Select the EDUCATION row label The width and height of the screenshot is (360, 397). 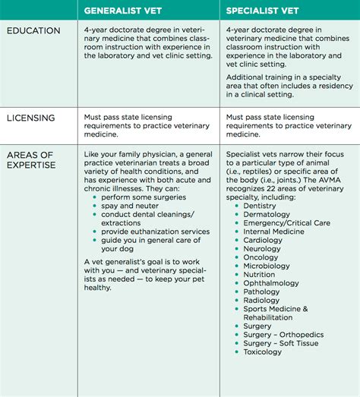click(x=33, y=31)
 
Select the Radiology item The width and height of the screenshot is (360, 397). click(x=263, y=300)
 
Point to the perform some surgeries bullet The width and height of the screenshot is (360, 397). click(x=137, y=197)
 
